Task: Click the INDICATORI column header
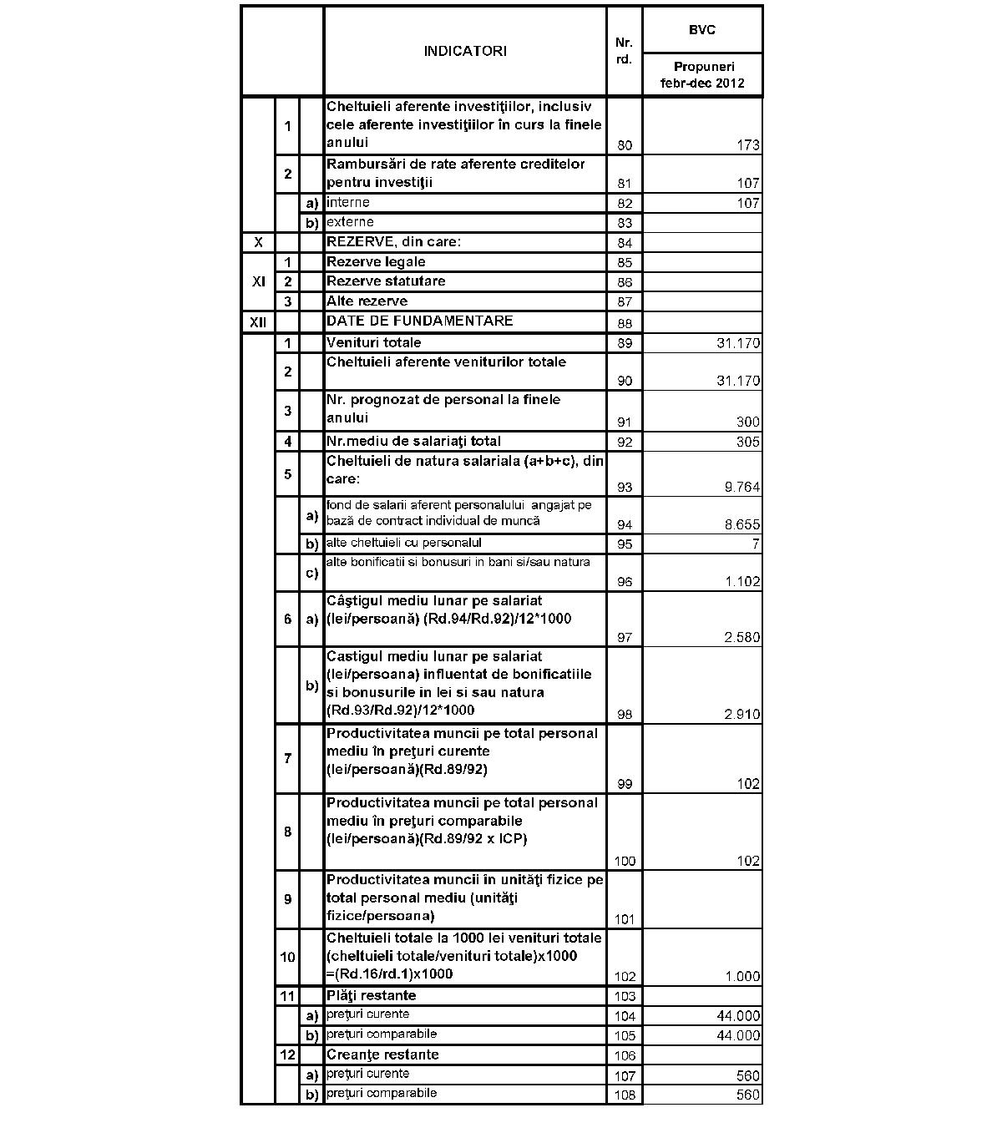(465, 51)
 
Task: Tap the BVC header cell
(701, 30)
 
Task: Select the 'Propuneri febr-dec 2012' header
(701, 75)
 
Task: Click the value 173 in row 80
(748, 145)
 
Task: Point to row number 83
(624, 223)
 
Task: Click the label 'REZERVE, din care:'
(393, 242)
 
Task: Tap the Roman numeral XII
(258, 321)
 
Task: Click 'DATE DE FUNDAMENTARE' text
(419, 321)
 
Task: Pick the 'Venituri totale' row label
(373, 342)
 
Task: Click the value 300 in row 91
(748, 422)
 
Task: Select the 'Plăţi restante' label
(371, 995)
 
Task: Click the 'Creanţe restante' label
(382, 1054)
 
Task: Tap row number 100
(624, 862)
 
